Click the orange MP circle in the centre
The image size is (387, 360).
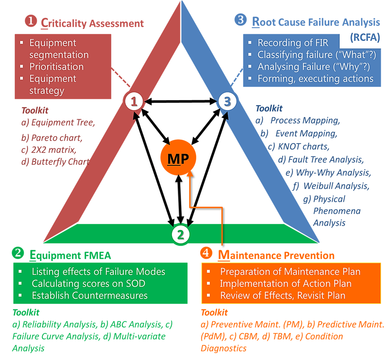178,158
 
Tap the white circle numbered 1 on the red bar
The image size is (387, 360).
134,102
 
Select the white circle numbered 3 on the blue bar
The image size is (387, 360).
228,101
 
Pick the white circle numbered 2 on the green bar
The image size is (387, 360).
180,235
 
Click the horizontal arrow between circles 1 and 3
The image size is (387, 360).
181,102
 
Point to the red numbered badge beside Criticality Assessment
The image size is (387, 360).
31,22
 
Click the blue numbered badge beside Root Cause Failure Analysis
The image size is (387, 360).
240,20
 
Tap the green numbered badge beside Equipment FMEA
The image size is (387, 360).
18,253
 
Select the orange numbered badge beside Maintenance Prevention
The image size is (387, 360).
206,253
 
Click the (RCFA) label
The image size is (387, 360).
365,38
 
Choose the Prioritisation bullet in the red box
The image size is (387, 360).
56,67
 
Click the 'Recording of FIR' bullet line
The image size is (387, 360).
293,43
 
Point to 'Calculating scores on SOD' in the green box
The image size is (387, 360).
88,283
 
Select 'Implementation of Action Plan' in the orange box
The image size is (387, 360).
286,283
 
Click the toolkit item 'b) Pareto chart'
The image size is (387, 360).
52,138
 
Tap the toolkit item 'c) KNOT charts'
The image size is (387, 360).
299,147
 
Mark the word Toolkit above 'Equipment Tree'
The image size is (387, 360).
35,110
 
